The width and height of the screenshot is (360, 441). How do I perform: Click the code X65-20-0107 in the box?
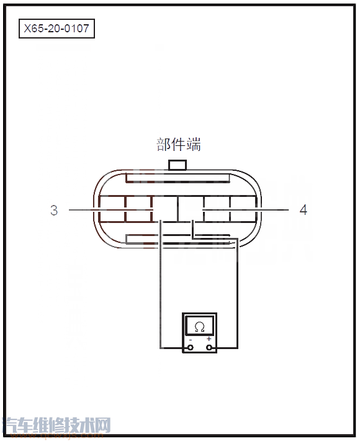pos(56,28)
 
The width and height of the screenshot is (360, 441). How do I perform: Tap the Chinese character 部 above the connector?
pos(163,145)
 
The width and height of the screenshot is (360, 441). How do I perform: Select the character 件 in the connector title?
pos(179,145)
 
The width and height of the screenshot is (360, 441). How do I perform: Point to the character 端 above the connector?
pos(194,145)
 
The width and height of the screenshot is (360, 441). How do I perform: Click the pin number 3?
pos(54,211)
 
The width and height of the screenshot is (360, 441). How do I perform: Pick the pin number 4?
pos(303,211)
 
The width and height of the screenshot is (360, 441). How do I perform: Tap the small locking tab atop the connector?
pos(178,165)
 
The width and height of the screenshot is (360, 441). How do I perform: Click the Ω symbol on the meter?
pos(199,327)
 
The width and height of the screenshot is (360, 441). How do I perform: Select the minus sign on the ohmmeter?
pos(190,340)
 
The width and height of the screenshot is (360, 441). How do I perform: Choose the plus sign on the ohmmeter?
pos(209,339)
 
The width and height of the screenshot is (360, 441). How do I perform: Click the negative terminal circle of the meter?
pos(190,347)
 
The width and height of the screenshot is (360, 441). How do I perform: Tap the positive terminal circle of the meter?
pos(209,347)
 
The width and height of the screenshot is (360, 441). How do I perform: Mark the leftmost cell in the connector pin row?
pos(112,209)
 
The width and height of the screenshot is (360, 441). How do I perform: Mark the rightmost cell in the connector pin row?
pos(243,209)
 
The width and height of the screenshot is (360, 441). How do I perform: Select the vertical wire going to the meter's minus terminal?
pos(161,286)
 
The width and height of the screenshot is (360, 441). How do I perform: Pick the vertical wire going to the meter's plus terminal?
pos(237,292)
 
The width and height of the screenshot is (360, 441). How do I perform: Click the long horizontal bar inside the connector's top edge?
pos(178,181)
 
